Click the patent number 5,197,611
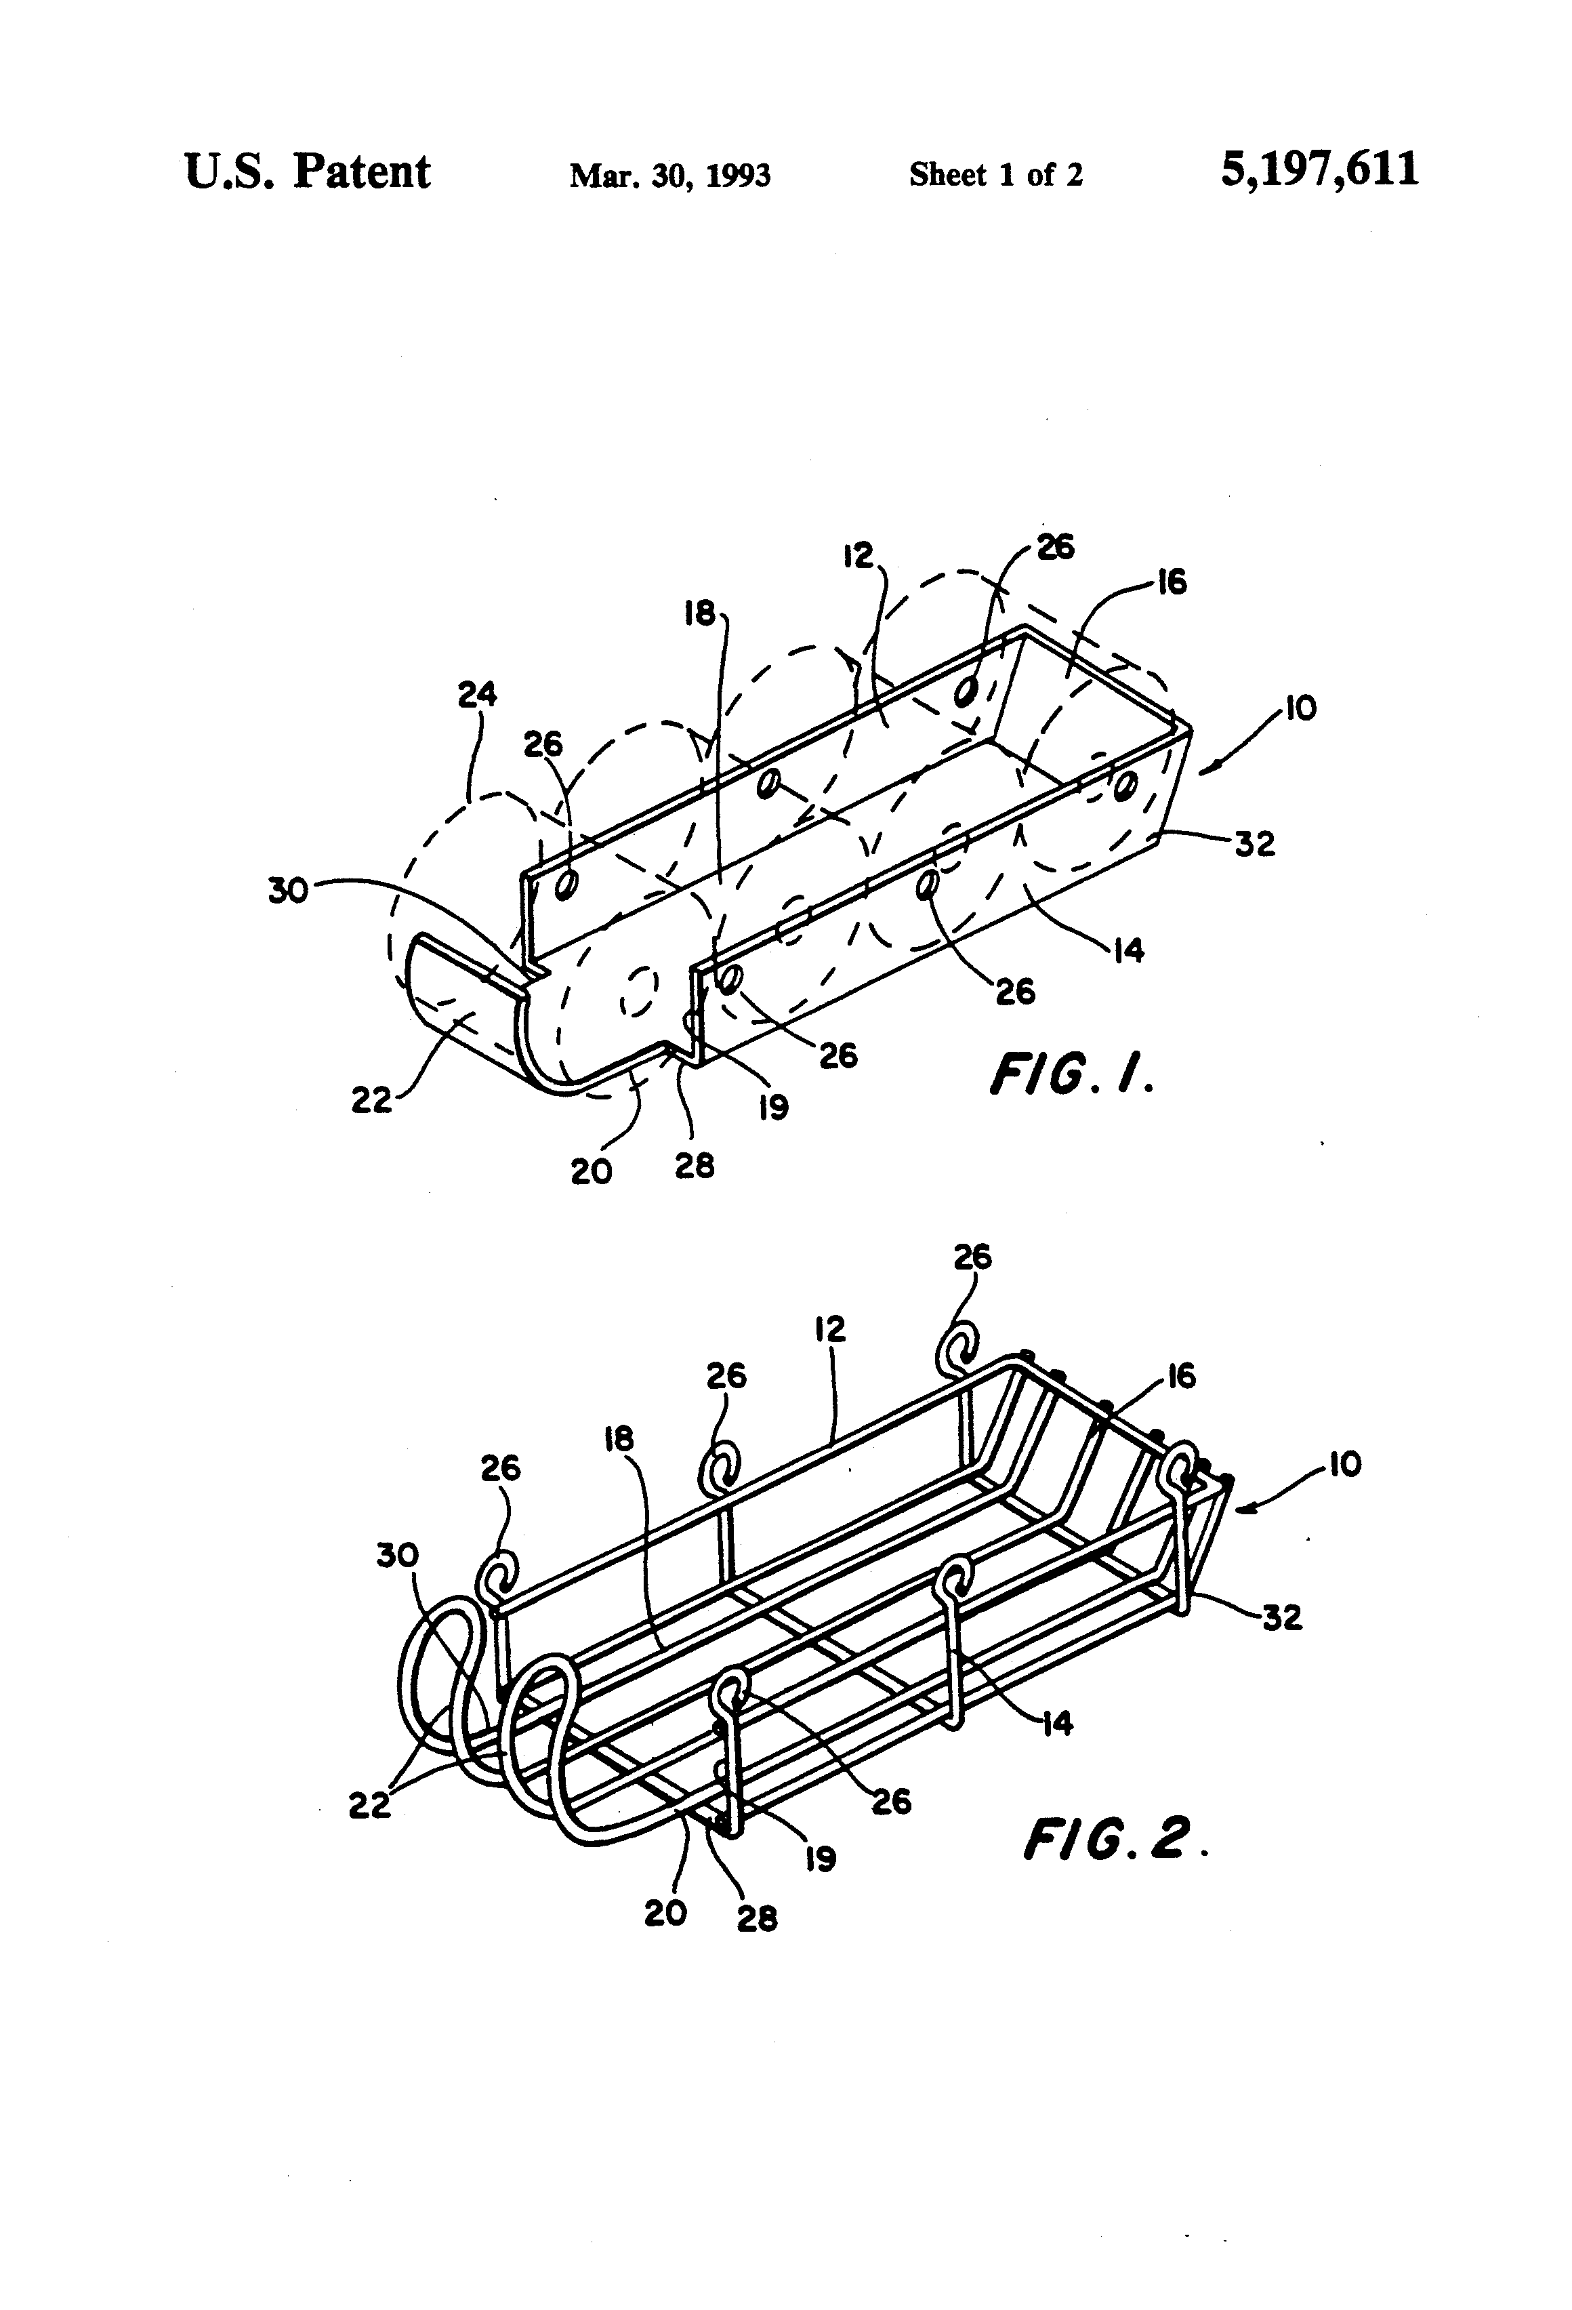(x=1319, y=170)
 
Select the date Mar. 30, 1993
(x=669, y=176)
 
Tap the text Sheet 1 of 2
(x=995, y=176)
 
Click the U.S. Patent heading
(x=307, y=172)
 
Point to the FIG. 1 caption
(x=1071, y=1074)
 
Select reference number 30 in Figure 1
(x=288, y=891)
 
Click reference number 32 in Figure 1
(x=1254, y=844)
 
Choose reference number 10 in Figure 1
(x=1299, y=709)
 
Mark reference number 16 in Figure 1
(x=1172, y=582)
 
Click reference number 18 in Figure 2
(x=618, y=1438)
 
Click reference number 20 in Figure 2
(x=665, y=1912)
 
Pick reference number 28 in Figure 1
(x=695, y=1165)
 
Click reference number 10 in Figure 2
(x=1344, y=1464)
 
